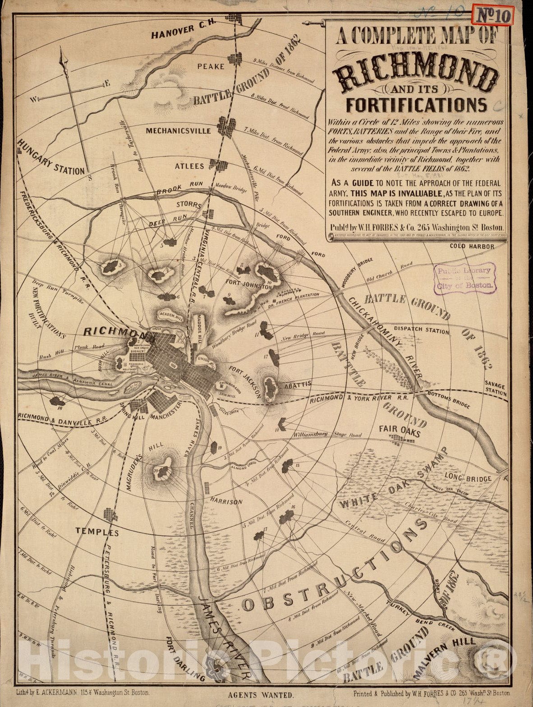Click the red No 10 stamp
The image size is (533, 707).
point(492,16)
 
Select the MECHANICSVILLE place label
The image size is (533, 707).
point(178,131)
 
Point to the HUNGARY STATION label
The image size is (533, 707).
point(51,157)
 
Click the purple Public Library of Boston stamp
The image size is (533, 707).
point(464,277)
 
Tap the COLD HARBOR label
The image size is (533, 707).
point(472,246)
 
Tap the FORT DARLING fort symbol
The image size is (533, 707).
point(218,671)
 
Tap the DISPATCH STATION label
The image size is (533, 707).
point(421,330)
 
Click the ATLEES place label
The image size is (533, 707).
point(189,166)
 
